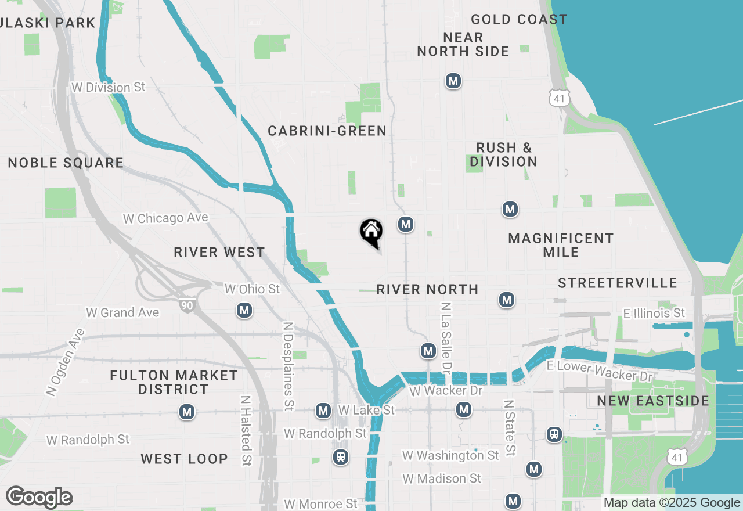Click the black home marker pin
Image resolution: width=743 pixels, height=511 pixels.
point(371,233)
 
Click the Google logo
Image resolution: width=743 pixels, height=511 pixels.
point(39,498)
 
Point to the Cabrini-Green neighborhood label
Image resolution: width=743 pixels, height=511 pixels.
point(327,131)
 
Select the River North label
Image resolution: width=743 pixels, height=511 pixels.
point(427,289)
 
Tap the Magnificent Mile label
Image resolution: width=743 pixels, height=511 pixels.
point(561,245)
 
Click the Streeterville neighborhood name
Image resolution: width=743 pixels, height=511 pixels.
point(618,283)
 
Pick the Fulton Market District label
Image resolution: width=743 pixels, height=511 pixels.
point(174,382)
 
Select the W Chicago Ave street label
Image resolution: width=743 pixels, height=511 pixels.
point(165,218)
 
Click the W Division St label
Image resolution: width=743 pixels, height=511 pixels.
point(108,87)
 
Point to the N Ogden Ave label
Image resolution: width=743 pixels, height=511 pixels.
point(64,363)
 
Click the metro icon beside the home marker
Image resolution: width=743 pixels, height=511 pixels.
point(406,224)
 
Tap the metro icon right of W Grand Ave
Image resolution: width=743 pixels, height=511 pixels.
point(244,311)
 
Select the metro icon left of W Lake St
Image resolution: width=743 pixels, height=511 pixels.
point(323,411)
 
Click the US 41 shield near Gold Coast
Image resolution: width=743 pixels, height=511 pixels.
point(559,98)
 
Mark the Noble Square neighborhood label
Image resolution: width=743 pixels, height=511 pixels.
point(66,163)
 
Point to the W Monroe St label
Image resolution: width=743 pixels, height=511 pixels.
point(321,503)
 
